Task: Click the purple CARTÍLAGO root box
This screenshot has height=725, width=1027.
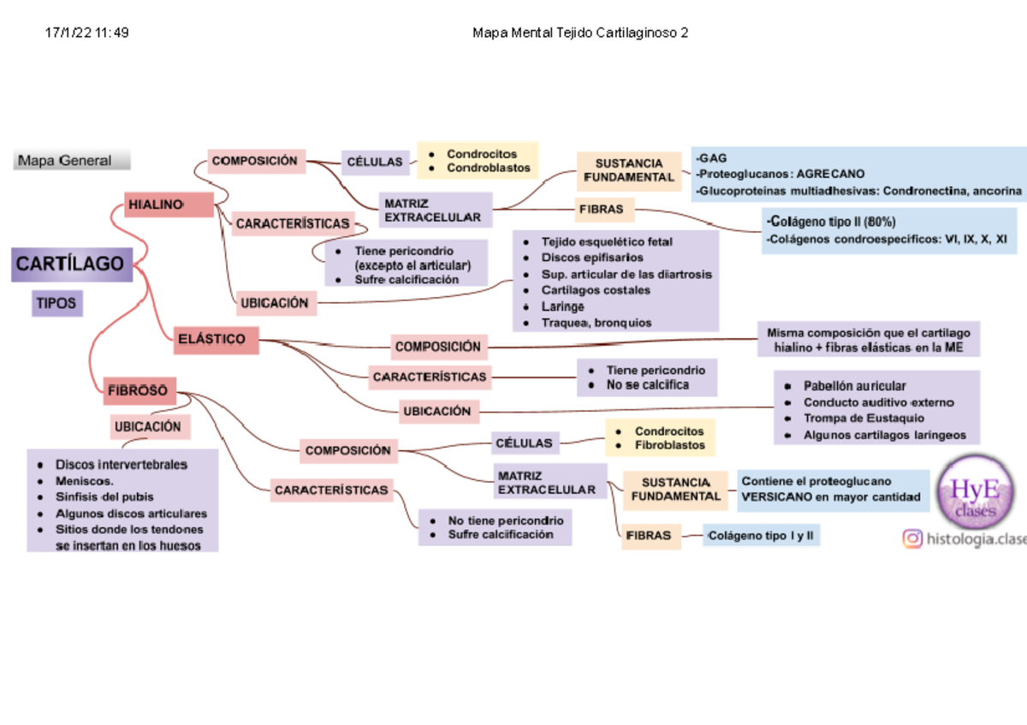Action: [72, 264]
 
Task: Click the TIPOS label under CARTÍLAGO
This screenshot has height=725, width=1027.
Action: [57, 303]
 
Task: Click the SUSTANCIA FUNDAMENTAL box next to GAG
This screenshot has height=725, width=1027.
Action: [629, 169]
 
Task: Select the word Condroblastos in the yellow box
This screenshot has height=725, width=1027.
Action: [488, 168]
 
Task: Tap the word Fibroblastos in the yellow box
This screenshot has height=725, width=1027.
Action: [669, 445]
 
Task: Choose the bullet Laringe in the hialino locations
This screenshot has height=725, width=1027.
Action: [562, 306]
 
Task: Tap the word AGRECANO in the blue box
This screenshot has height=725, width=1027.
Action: [830, 174]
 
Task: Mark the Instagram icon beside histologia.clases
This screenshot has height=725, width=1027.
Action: [913, 538]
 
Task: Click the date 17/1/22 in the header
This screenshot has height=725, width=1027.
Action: [76, 33]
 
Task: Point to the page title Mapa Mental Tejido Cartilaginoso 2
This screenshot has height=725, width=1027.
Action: [580, 33]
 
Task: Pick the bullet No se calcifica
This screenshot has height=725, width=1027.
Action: [647, 385]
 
